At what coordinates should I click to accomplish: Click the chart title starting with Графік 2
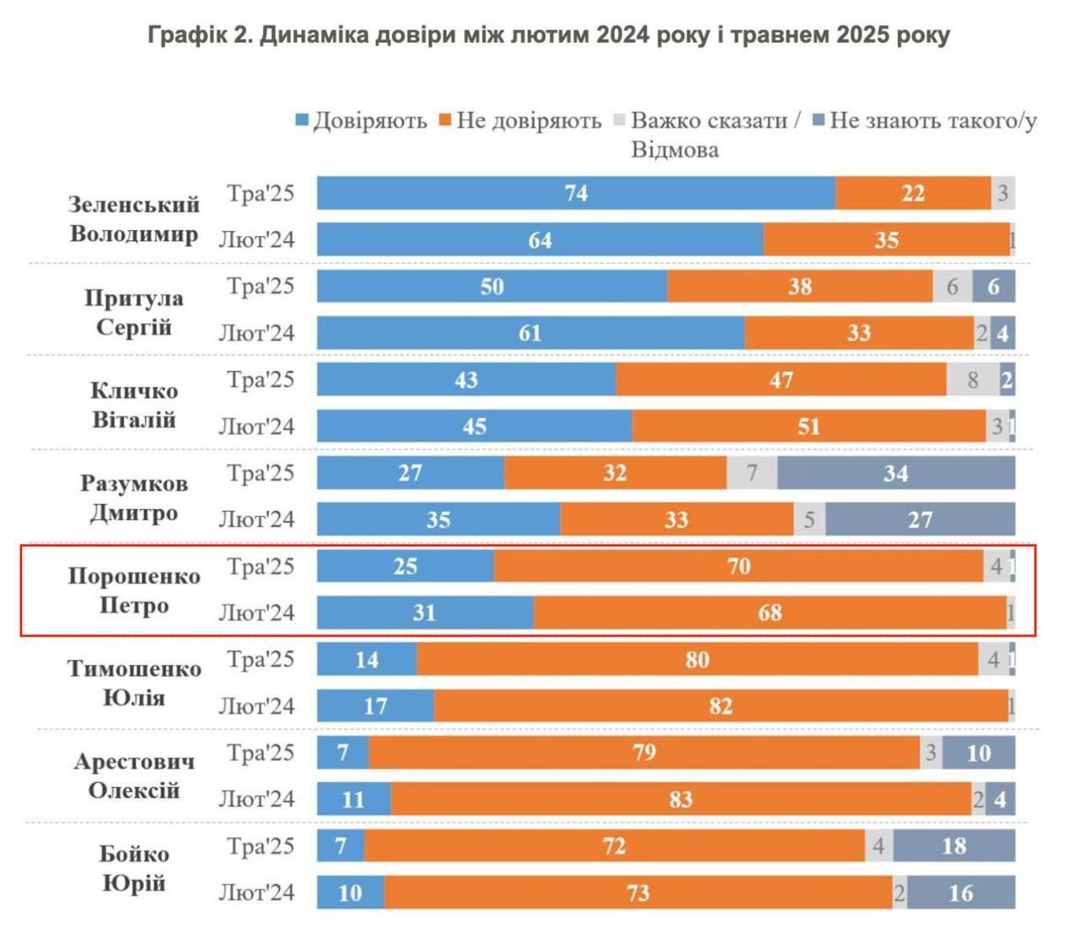pos(549,35)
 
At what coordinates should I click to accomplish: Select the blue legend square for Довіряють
pos(302,121)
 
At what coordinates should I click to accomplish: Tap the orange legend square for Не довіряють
pos(445,121)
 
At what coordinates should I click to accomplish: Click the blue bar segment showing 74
pos(576,193)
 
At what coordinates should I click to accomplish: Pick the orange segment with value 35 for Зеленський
pos(886,239)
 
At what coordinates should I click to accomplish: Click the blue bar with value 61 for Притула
pos(530,333)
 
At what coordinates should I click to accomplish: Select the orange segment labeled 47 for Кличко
pos(781,379)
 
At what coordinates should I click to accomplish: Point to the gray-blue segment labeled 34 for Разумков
pos(895,473)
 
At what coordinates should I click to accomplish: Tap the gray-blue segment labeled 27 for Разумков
pos(920,519)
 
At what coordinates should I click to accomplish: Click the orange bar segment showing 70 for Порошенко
pos(738,565)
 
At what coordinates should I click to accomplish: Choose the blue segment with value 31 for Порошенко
pos(425,612)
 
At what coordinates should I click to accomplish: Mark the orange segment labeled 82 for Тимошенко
pos(721,705)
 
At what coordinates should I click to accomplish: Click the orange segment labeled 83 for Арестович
pos(681,799)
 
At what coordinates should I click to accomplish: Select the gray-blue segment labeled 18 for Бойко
pos(953,845)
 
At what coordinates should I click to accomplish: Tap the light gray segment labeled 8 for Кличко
pos(973,379)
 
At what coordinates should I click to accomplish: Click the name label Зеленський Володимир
pos(133,218)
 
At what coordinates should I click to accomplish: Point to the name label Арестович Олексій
pos(133,775)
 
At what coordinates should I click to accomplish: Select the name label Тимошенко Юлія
pos(133,683)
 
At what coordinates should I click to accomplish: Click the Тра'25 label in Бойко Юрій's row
pos(260,844)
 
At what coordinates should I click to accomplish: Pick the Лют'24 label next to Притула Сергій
pos(257,333)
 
